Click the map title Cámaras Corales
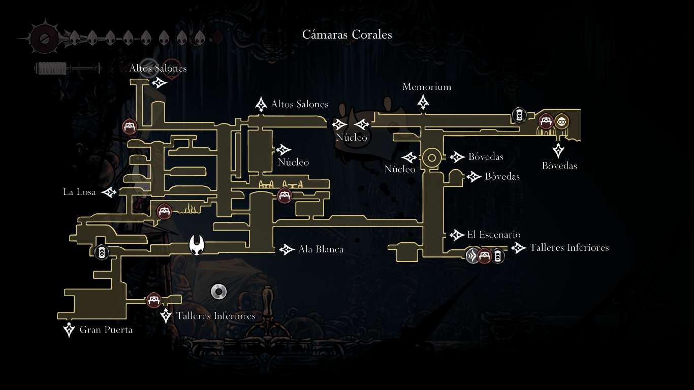pyautogui.click(x=347, y=35)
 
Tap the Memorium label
pyautogui.click(x=427, y=87)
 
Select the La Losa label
pyautogui.click(x=79, y=192)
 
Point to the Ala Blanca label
pyautogui.click(x=321, y=249)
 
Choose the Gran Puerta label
pyautogui.click(x=106, y=330)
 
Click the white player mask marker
pyautogui.click(x=197, y=245)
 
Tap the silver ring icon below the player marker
pyautogui.click(x=218, y=291)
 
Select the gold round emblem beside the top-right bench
pyautogui.click(x=561, y=121)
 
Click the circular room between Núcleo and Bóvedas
pyautogui.click(x=432, y=158)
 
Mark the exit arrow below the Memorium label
pyautogui.click(x=423, y=103)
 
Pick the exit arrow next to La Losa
pyautogui.click(x=109, y=192)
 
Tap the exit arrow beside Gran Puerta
pyautogui.click(x=69, y=330)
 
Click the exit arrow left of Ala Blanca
pyautogui.click(x=287, y=249)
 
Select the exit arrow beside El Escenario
pyautogui.click(x=455, y=235)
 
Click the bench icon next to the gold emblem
pyautogui.click(x=546, y=121)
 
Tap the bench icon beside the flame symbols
pyautogui.click(x=164, y=211)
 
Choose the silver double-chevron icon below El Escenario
pyautogui.click(x=472, y=255)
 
